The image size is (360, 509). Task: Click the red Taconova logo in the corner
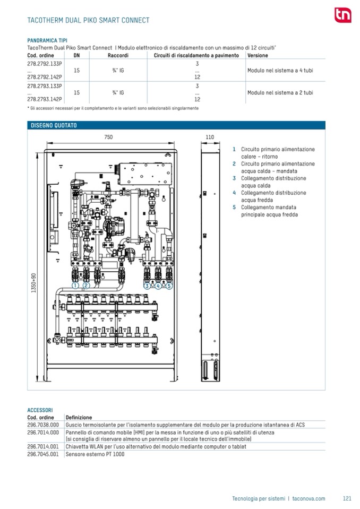click(341, 15)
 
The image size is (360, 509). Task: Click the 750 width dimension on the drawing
click(108, 137)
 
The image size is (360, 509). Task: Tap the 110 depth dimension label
click(210, 137)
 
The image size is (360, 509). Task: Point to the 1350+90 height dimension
click(33, 283)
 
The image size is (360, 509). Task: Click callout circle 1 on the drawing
click(75, 286)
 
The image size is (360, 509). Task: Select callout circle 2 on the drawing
click(86, 286)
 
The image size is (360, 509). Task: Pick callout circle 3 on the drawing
click(147, 286)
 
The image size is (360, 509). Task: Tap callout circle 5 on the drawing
click(169, 286)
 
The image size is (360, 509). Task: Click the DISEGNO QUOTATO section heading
click(54, 125)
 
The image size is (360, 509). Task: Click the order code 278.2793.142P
click(45, 99)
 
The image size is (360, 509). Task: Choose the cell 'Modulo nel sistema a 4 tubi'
click(280, 70)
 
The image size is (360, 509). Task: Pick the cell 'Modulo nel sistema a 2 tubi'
click(280, 92)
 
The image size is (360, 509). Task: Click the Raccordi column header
click(118, 55)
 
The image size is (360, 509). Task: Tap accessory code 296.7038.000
click(43, 425)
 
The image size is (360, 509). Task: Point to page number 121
click(347, 498)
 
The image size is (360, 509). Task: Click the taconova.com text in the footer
click(308, 498)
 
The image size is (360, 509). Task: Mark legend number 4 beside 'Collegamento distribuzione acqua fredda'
click(234, 193)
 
